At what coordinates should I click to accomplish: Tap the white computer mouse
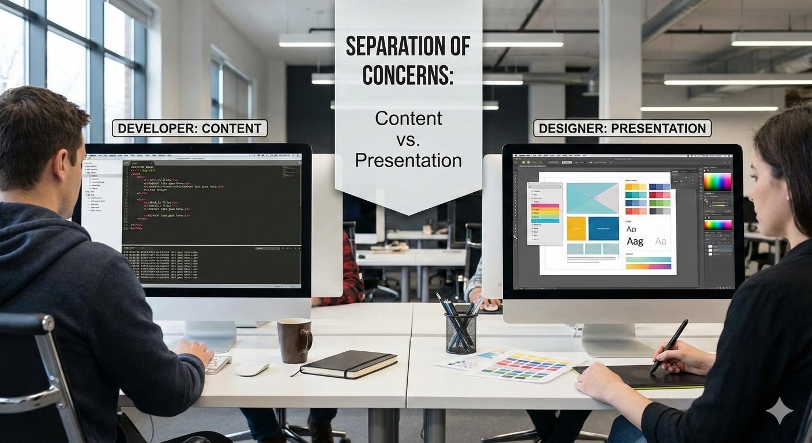[253, 369]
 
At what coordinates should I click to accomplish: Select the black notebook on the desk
[348, 364]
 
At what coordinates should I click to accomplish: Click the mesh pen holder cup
[461, 333]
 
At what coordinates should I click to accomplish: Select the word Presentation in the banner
[408, 160]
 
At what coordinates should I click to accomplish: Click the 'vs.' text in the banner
[408, 139]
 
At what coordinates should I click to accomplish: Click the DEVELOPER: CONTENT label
[190, 128]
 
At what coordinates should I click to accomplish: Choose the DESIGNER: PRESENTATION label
[622, 128]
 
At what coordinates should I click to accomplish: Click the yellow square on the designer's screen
[576, 228]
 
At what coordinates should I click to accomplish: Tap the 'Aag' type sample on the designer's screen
[635, 241]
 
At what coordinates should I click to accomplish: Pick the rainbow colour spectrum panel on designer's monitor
[717, 182]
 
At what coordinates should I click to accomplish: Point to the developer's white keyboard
[217, 364]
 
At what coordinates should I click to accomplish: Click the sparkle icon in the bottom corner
[779, 410]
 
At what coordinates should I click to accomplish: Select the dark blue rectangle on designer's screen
[604, 228]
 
